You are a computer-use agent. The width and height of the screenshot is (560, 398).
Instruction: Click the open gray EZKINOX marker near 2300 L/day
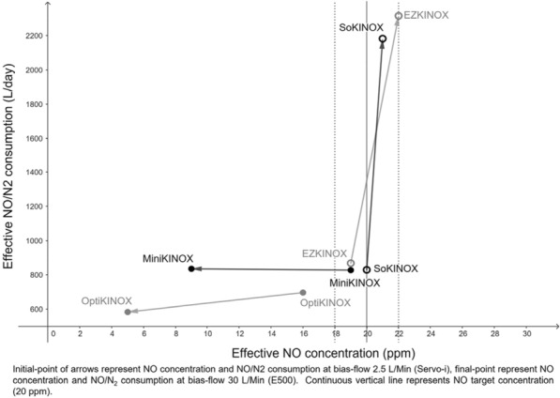click(399, 16)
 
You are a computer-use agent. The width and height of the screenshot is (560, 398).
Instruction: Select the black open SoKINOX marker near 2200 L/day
click(383, 38)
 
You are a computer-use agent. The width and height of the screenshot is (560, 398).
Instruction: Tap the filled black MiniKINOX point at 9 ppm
click(191, 268)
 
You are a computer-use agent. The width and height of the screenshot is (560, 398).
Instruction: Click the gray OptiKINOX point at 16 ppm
click(302, 292)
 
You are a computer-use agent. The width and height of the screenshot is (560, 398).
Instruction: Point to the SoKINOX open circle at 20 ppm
click(367, 269)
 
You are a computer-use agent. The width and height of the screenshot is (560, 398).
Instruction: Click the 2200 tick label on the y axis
click(33, 36)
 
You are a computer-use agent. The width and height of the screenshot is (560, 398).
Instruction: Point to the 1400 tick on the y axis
click(33, 173)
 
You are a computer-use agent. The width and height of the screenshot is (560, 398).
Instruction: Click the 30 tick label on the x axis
click(525, 334)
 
